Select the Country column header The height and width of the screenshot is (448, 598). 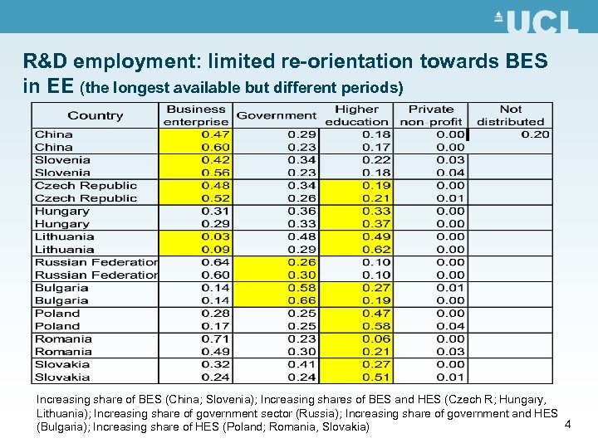(95, 115)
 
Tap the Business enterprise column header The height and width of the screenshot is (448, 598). (196, 115)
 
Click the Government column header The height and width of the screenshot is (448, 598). (276, 115)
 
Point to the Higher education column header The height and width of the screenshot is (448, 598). (356, 115)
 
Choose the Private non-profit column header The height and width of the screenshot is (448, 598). (431, 115)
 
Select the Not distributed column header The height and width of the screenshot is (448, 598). (510, 115)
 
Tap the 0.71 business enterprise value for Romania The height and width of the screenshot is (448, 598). (216, 338)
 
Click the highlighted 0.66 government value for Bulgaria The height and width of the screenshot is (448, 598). (302, 300)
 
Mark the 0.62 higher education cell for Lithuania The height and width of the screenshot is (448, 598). (376, 249)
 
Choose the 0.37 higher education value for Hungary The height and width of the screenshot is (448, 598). (376, 224)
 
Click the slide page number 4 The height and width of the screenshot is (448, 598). (567, 425)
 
